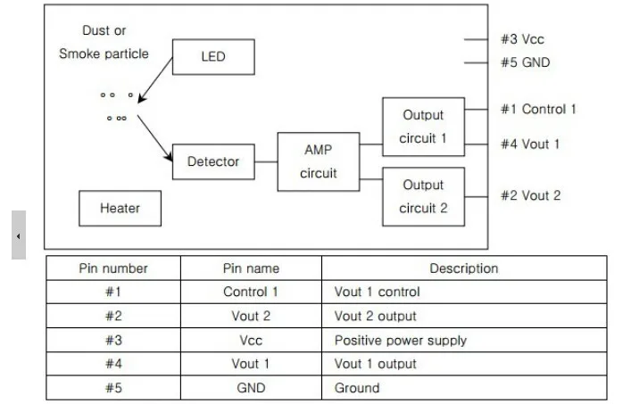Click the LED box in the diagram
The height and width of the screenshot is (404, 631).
point(213,57)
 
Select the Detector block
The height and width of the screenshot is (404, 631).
point(213,161)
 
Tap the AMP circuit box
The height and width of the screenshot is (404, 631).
point(318,161)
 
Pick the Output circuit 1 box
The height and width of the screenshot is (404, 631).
point(422,127)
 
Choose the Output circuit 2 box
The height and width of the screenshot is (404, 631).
point(422,196)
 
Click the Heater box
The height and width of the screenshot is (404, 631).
point(120,208)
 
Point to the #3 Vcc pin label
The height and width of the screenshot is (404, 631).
point(522,39)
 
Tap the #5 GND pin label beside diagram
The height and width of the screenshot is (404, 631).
point(525,62)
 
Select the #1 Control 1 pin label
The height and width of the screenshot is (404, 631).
point(537,109)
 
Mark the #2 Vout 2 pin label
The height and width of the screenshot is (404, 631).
point(530,195)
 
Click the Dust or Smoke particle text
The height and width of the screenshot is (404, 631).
point(104,42)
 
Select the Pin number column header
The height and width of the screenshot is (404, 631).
point(113,268)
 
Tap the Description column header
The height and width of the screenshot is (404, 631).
point(463,268)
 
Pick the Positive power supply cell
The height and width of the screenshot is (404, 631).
point(400,340)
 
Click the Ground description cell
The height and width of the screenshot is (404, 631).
point(357,388)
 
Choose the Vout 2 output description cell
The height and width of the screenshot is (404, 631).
point(375,316)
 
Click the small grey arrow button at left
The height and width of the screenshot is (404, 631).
point(19,236)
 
